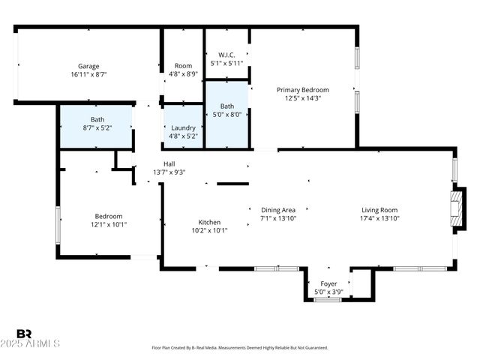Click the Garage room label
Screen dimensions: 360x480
click(x=88, y=66)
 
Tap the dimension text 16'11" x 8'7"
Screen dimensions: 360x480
click(x=88, y=74)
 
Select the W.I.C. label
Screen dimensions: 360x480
click(x=227, y=55)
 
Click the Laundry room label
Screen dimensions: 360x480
click(x=183, y=127)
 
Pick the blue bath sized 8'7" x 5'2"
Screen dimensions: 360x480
click(x=97, y=124)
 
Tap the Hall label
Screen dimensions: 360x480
click(x=169, y=163)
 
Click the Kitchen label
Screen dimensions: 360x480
click(x=208, y=222)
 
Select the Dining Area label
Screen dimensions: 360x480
click(x=278, y=210)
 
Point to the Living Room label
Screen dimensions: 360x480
click(x=379, y=210)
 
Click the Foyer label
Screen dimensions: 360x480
click(x=328, y=283)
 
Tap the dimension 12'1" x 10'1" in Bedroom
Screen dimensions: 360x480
click(x=109, y=224)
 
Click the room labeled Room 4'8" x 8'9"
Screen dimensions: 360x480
click(x=183, y=70)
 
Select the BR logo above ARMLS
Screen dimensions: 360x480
click(x=24, y=334)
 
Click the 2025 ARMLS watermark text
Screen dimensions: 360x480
click(x=37, y=343)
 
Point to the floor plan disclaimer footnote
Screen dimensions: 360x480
click(x=240, y=348)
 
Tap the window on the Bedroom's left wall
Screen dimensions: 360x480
click(x=58, y=224)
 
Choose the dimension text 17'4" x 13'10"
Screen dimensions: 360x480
click(x=379, y=218)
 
